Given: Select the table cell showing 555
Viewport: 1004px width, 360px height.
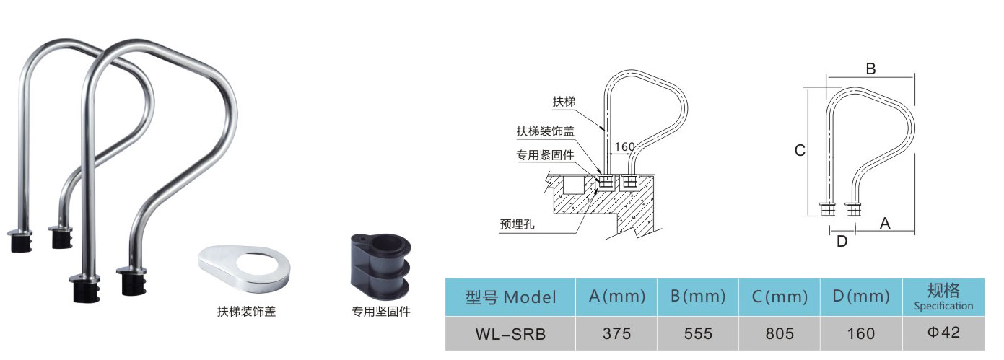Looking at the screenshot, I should pos(698,334).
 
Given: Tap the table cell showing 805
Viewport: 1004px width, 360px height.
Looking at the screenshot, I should pos(780,334).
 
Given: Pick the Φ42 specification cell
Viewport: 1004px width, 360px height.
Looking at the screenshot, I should pos(943,334).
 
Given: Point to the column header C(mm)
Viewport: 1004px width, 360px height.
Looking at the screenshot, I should pos(780,297).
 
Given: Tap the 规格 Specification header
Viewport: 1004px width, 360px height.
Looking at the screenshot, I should pos(943,297).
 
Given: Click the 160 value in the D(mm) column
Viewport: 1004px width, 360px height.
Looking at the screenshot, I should pos(862,334).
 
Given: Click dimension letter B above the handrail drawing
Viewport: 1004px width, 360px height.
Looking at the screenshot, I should pos(870,69).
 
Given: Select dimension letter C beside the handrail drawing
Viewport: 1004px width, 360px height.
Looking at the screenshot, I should pos(800,151).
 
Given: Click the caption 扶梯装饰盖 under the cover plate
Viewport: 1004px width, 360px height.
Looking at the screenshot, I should pos(246,312).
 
